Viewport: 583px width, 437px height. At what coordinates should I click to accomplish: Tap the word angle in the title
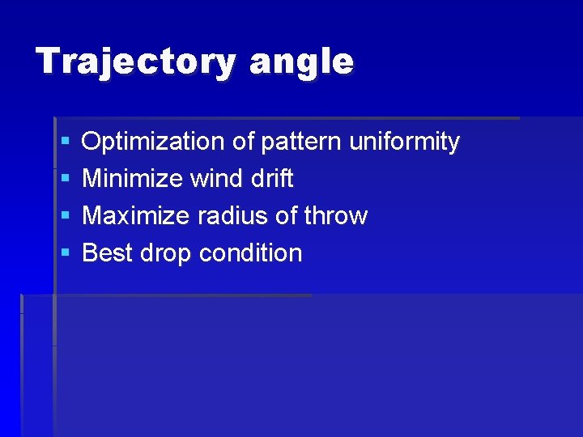point(301,62)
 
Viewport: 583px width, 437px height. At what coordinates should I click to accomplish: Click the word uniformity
point(404,142)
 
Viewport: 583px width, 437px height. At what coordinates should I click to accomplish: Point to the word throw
point(335,216)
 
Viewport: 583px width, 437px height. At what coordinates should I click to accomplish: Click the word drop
point(166,253)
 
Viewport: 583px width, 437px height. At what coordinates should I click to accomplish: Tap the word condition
point(250,253)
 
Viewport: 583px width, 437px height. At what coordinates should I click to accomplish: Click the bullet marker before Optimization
point(65,142)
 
